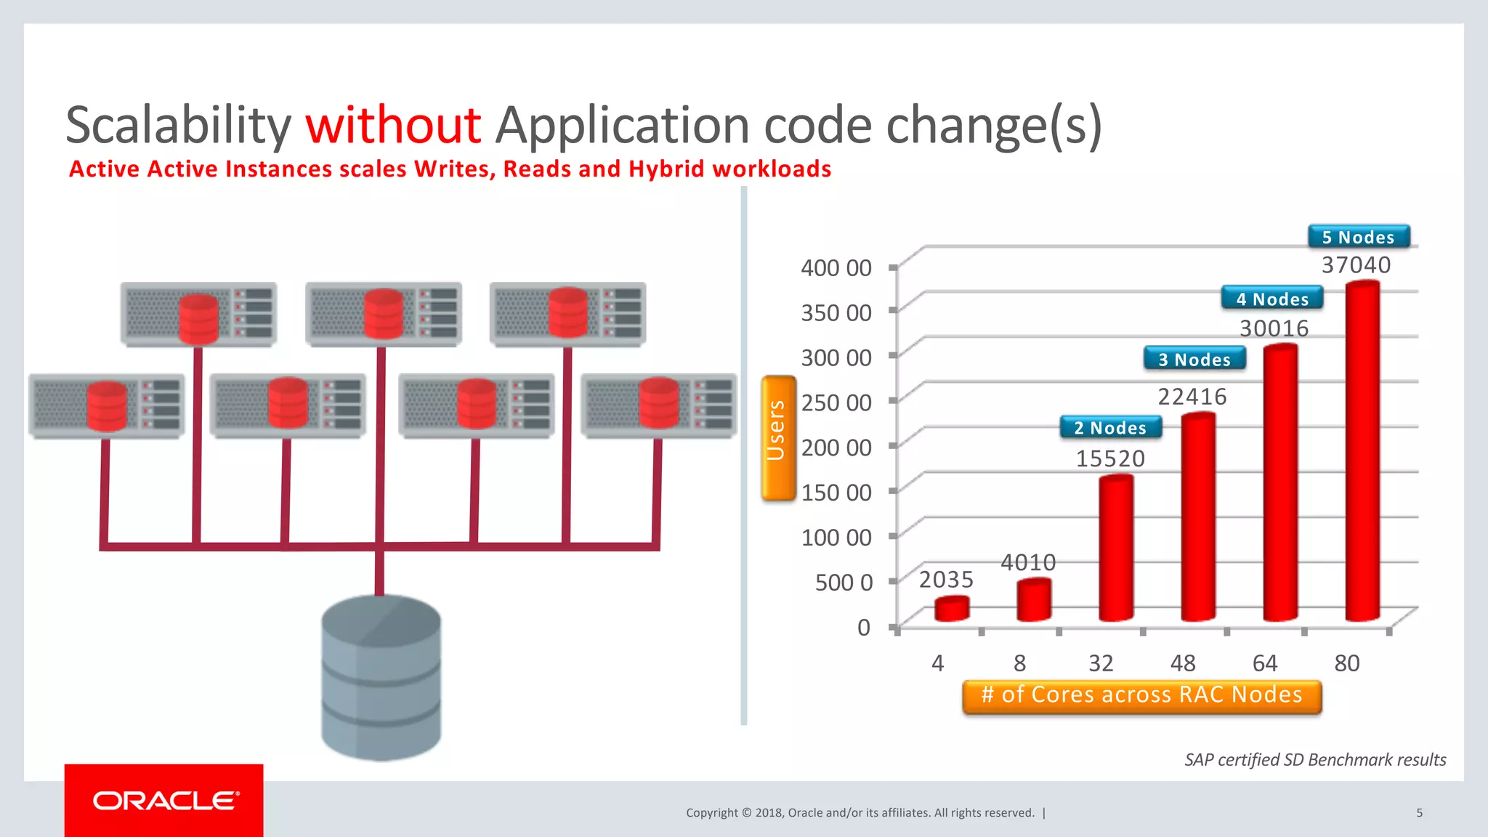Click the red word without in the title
point(393,125)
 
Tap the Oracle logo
point(165,801)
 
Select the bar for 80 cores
point(1362,450)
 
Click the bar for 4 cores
point(951,609)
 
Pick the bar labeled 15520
point(1115,548)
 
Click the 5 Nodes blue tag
point(1358,238)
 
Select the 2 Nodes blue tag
point(1110,428)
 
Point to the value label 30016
point(1274,328)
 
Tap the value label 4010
point(1028,562)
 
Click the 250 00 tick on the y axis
point(836,403)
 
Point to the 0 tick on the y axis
point(863,627)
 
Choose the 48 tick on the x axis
point(1183,663)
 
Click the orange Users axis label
point(778,437)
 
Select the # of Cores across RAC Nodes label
point(1141,695)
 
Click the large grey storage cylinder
point(381,677)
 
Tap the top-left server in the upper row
point(198,315)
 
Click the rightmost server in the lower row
point(658,405)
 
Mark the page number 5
point(1419,813)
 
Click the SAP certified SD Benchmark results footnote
point(1314,760)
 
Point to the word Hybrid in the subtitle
point(666,169)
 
